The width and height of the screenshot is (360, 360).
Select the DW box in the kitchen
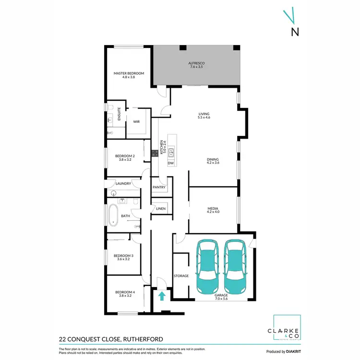170,163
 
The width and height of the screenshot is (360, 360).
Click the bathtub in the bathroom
113,216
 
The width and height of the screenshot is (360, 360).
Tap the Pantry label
159,187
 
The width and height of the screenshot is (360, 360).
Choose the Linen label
161,209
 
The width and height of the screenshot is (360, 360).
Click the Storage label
181,276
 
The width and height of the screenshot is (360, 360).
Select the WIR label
136,121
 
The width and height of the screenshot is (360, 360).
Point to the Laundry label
124,183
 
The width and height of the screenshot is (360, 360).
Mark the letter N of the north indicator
295,32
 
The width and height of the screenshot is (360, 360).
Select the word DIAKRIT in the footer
292,351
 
